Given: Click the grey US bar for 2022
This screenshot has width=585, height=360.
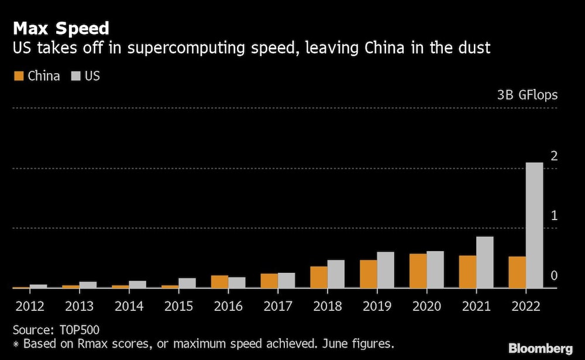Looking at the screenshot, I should (x=535, y=225).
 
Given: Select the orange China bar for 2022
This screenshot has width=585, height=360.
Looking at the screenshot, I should (x=517, y=272).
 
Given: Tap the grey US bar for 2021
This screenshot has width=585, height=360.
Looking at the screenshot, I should (x=485, y=262).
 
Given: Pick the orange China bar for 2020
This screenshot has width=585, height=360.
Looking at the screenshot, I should (x=418, y=270).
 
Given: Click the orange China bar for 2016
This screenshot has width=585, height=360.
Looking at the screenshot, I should (x=219, y=282).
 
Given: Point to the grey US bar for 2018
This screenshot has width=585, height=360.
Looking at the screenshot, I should (x=336, y=274).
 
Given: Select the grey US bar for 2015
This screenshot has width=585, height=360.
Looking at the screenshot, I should (x=187, y=283).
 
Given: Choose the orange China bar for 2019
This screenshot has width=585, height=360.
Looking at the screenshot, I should (x=368, y=274).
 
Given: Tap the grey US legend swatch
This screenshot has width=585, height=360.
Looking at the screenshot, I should (x=75, y=76).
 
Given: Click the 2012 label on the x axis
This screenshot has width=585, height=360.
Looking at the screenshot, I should (x=29, y=306).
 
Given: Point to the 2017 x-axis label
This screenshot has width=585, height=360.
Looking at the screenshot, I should (x=277, y=306).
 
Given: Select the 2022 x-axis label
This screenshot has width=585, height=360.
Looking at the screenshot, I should (x=525, y=306).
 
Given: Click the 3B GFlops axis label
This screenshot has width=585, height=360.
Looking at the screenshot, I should (x=527, y=95).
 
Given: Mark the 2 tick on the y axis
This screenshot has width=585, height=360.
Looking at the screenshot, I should (x=554, y=156).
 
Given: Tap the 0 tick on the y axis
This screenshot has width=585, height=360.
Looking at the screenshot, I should (x=554, y=276).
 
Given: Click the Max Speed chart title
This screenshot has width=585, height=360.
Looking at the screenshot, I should (x=60, y=28).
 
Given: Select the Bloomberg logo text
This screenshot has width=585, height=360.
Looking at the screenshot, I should (x=541, y=348).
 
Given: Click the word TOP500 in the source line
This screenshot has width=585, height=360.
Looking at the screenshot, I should (x=80, y=330).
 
